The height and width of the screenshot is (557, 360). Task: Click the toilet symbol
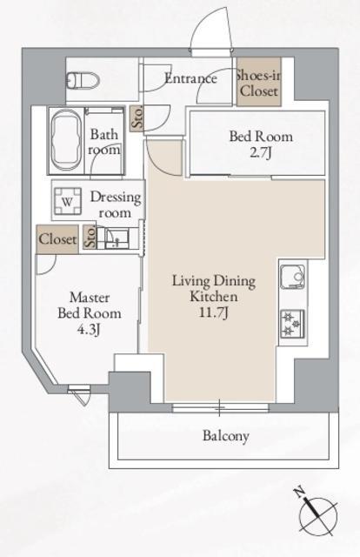[83, 80]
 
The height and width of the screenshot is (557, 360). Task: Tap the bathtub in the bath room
[66, 140]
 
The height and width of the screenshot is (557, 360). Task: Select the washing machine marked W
[68, 201]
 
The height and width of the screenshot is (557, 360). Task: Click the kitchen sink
[293, 277]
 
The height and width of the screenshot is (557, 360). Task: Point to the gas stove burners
[293, 324]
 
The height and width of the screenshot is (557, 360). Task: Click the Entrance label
[190, 78]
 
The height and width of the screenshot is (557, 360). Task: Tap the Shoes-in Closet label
[259, 84]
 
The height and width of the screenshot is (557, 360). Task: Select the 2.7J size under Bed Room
[261, 153]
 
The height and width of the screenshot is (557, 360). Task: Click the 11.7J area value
[213, 312]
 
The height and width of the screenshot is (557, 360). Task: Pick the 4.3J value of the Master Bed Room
[90, 330]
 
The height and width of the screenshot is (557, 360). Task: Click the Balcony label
[226, 436]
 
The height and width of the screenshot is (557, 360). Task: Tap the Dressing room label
[116, 205]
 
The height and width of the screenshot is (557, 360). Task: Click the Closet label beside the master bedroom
[57, 239]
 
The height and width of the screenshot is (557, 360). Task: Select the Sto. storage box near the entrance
[137, 118]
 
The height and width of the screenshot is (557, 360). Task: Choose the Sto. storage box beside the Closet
[90, 237]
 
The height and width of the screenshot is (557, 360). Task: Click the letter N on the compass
[300, 493]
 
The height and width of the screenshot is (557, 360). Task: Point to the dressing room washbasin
[117, 238]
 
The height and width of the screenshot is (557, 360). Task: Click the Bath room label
[104, 142]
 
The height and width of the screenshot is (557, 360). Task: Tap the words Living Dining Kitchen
[214, 288]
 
